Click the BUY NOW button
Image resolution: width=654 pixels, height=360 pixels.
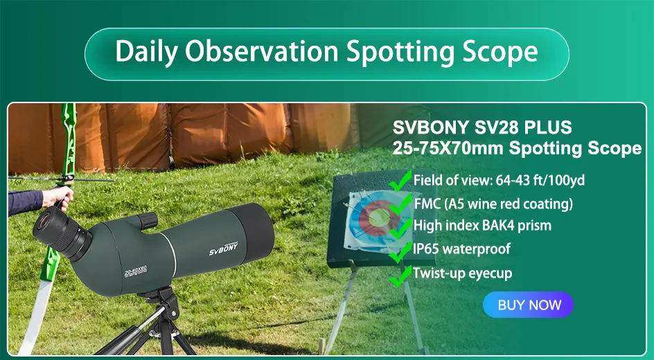click(x=529, y=305)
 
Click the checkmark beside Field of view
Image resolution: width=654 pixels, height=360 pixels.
click(x=400, y=182)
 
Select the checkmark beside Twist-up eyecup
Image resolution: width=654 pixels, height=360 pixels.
click(x=400, y=276)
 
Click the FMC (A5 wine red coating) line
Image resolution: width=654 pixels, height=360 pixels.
click(x=493, y=204)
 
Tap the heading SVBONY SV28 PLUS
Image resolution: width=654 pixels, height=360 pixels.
click(x=482, y=128)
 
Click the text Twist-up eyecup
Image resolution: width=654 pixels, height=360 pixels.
click(x=463, y=273)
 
